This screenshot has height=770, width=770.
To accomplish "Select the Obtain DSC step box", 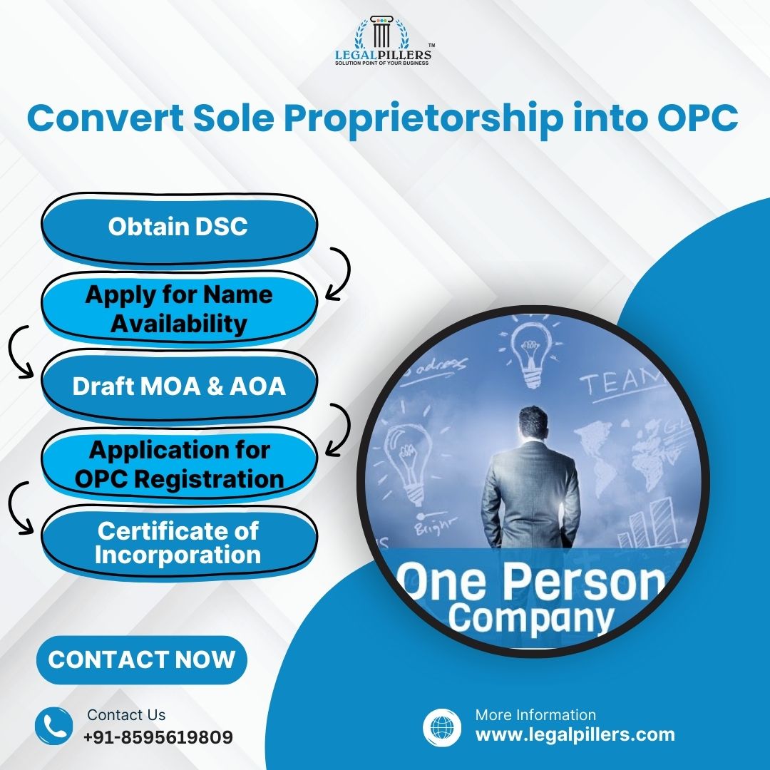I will point(178,227).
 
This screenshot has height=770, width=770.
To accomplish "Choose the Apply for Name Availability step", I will point(178,309).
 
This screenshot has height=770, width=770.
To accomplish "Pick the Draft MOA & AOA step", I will point(178,386).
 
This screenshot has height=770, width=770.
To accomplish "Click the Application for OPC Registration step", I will point(178,464).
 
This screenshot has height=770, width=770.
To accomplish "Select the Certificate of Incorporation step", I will point(178,543).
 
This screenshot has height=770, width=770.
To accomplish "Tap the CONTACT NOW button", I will point(141,659).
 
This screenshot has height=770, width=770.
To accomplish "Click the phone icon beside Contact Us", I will point(53,726).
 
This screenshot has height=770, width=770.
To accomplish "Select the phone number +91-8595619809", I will point(158,736).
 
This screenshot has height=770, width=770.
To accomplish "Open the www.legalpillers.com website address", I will point(575,734).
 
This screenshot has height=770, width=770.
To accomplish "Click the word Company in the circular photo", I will point(531,617).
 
